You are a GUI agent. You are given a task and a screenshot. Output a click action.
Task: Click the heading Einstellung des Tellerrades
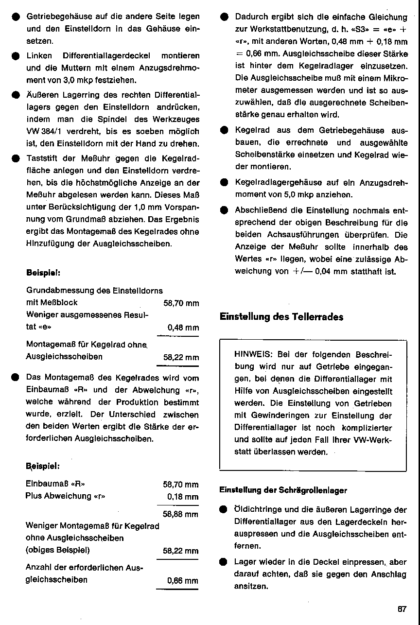tap(281, 317)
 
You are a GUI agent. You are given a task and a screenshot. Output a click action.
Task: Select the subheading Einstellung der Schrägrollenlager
tap(283, 490)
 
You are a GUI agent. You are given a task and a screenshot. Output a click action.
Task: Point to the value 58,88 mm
tap(180, 514)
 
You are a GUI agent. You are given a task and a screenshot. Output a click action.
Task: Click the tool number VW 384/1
tap(45, 131)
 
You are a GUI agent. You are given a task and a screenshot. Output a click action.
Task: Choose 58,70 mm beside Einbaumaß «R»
tap(180, 485)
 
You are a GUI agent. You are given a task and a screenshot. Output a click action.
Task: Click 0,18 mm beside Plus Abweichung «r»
tap(182, 497)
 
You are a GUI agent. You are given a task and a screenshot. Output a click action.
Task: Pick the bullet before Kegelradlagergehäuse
tap(224, 183)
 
